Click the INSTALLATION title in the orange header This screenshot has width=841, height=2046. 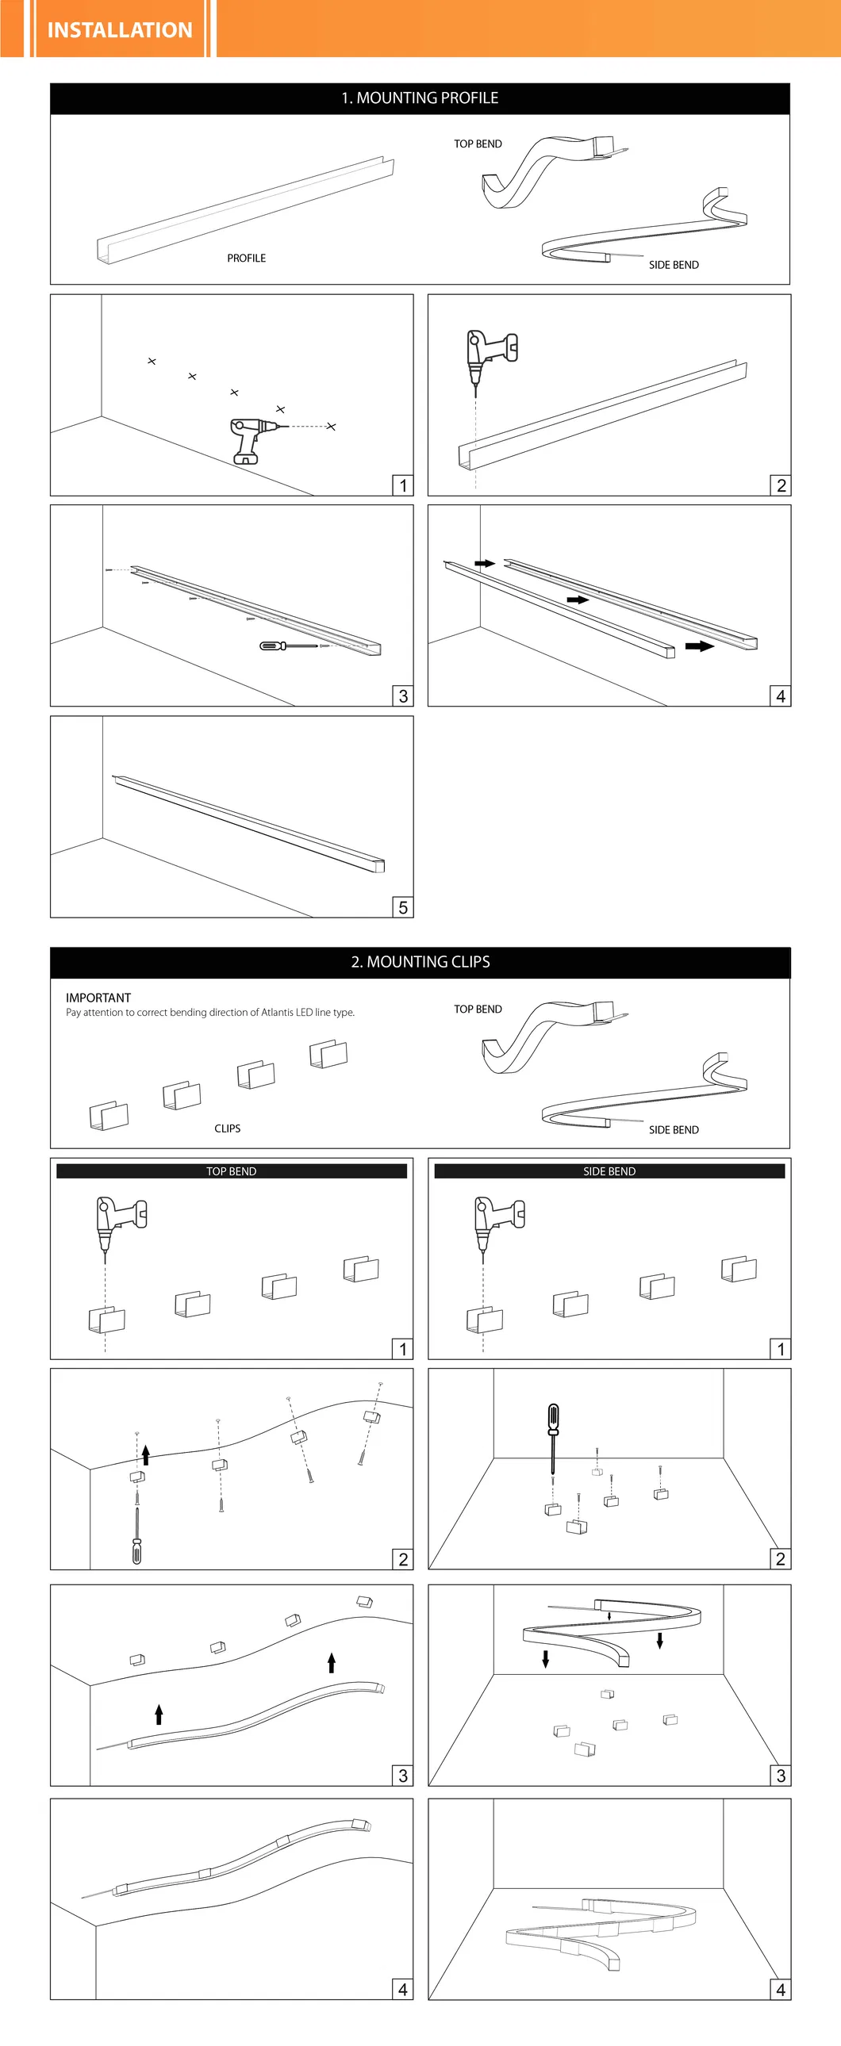120,29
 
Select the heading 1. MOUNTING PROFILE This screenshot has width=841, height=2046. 420,98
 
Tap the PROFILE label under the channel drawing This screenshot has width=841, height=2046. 247,259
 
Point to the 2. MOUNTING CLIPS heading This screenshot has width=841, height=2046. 420,962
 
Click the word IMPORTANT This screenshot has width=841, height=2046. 98,998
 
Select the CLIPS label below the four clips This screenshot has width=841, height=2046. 228,1128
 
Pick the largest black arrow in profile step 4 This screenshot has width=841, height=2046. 700,646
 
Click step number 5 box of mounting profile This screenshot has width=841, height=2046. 403,907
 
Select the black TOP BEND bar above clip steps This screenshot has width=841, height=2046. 232,1171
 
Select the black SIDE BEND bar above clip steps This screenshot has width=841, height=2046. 609,1171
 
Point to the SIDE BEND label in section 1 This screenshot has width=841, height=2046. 674,265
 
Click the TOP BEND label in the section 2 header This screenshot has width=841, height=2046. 478,1009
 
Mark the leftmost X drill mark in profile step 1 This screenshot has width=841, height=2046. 152,362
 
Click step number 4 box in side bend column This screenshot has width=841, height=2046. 781,1989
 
